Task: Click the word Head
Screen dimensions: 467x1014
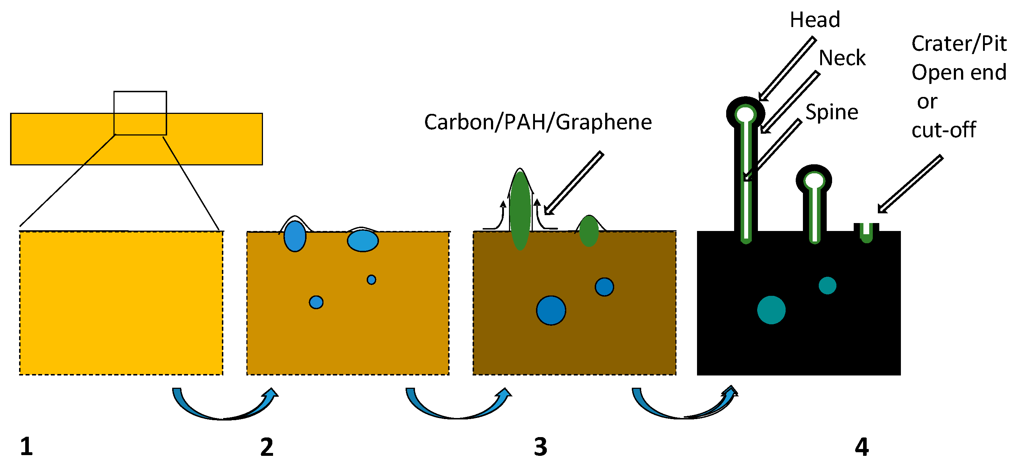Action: click(814, 20)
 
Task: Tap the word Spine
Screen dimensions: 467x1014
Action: click(831, 112)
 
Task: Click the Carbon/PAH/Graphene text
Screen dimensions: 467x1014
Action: click(538, 122)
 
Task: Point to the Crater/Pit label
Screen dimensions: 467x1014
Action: click(958, 43)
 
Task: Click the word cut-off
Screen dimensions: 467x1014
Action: click(943, 130)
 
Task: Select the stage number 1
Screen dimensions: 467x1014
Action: click(26, 446)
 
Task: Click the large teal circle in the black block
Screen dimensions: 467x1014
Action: click(771, 310)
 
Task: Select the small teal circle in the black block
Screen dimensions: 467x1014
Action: click(827, 285)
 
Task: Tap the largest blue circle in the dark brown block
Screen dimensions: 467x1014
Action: click(551, 310)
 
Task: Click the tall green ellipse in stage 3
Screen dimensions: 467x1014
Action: click(520, 211)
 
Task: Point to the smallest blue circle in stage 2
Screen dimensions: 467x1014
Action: click(371, 280)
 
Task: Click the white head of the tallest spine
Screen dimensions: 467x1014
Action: click(746, 115)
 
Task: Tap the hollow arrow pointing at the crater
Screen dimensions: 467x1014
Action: click(910, 184)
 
